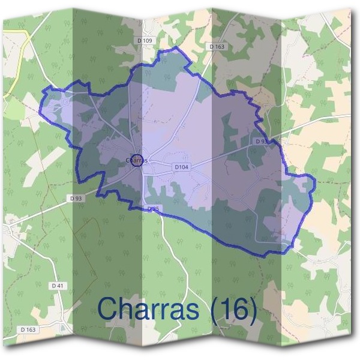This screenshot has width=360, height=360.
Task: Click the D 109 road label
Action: click(145, 40)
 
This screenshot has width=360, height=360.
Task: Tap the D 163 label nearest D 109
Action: click(217, 46)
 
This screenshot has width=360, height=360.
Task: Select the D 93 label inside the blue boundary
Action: click(260, 141)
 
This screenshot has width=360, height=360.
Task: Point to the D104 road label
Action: click(181, 167)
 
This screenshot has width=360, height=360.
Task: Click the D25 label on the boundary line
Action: click(154, 208)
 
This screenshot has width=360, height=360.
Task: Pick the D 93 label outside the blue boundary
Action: click(76, 198)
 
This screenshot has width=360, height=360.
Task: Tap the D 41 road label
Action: click(58, 286)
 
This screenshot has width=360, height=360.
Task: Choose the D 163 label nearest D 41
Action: click(28, 329)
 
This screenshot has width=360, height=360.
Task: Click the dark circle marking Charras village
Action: click(137, 160)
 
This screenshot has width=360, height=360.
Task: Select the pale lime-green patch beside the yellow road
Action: click(13, 108)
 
